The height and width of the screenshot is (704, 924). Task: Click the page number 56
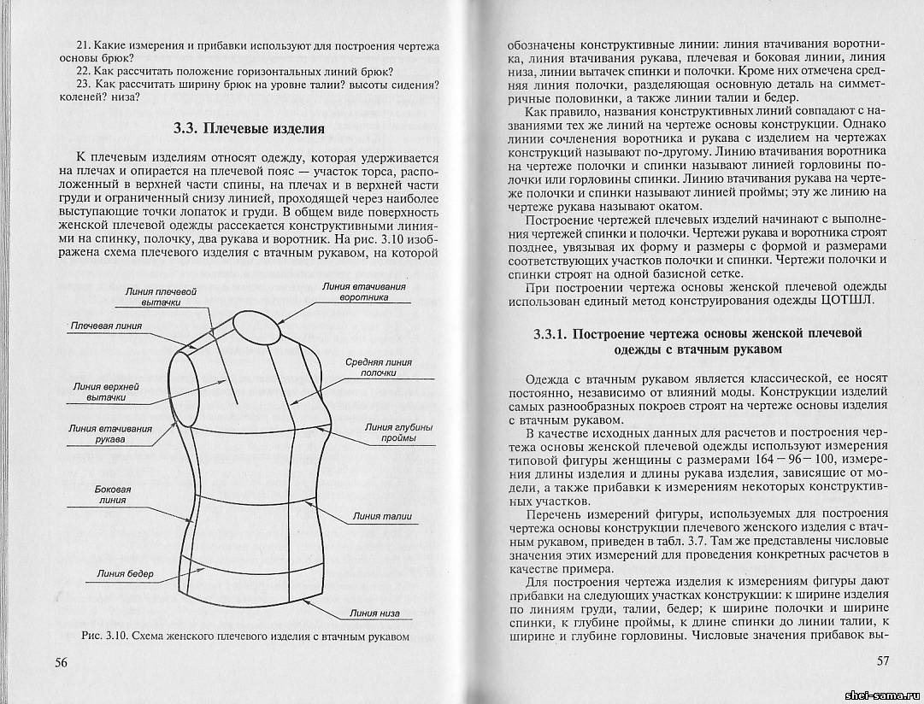(62, 662)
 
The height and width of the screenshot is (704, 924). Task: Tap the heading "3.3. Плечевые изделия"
(249, 129)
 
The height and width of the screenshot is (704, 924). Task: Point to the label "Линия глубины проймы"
(397, 432)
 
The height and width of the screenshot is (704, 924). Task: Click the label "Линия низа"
(375, 613)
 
